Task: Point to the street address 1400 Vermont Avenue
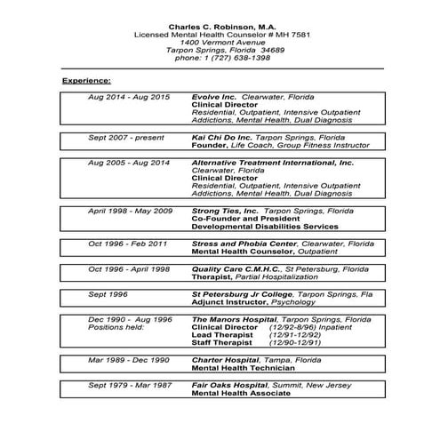tap(218, 43)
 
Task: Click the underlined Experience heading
tap(86, 81)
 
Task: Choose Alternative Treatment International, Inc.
tap(272, 163)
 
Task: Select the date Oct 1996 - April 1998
tap(128, 268)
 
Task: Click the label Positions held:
tap(113, 326)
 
